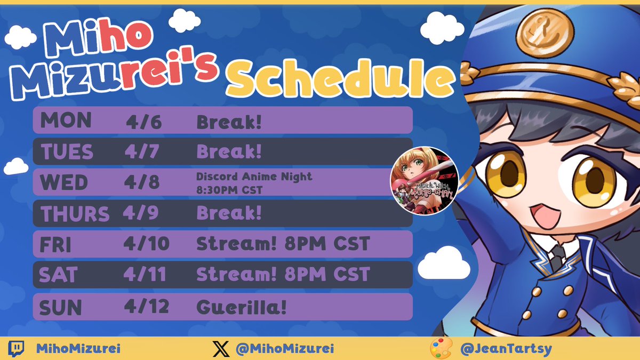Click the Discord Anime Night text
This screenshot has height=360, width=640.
(x=253, y=177)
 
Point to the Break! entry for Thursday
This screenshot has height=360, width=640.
(x=229, y=214)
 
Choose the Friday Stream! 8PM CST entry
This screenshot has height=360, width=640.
(x=283, y=244)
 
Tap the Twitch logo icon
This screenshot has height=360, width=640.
(x=17, y=349)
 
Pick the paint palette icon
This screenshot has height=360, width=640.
(x=441, y=349)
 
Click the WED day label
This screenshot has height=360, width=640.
(x=63, y=182)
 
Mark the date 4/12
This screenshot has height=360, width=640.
(x=147, y=307)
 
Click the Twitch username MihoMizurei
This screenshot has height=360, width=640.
(x=78, y=349)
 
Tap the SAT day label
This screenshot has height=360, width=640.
(x=59, y=275)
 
